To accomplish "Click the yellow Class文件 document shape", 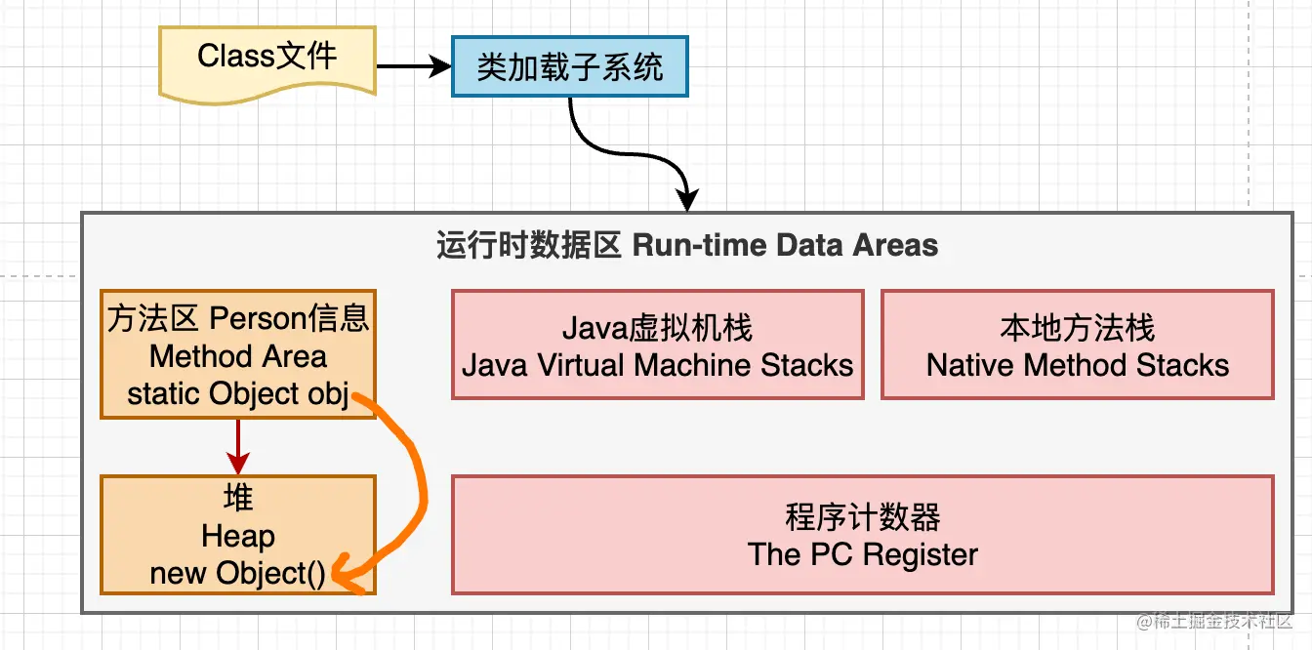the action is click(x=267, y=64).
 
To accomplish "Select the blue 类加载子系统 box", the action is click(x=570, y=66).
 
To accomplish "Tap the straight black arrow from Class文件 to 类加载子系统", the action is click(x=414, y=66).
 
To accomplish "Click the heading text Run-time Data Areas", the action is click(x=785, y=245).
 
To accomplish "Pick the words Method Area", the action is click(x=238, y=356).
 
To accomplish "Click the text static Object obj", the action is click(x=238, y=393).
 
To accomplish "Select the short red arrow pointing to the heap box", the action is click(x=238, y=447).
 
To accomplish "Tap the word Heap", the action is click(x=238, y=536).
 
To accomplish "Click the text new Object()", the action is click(x=237, y=573).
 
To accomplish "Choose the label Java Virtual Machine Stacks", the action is click(x=657, y=365).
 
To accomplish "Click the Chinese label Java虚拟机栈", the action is click(x=657, y=327).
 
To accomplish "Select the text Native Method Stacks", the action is click(x=1078, y=365).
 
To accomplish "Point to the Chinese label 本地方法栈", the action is click(x=1078, y=327).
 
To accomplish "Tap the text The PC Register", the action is click(x=863, y=554).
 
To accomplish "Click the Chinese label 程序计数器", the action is click(x=863, y=517).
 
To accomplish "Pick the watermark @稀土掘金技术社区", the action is click(x=1214, y=622).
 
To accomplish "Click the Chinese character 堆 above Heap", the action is click(x=238, y=498).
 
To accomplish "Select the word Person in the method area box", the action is click(x=258, y=318).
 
